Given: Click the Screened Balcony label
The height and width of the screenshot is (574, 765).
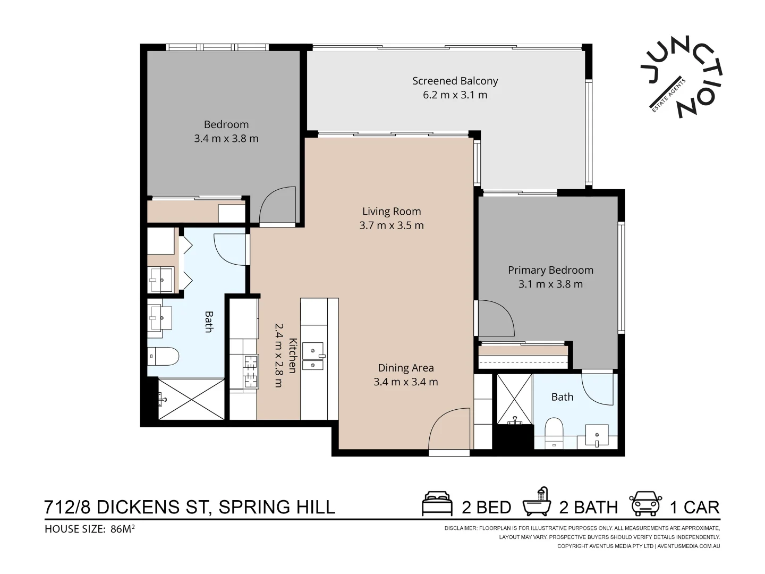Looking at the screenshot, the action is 455,81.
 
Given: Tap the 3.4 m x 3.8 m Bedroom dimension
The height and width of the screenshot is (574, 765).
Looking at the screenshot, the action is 226,138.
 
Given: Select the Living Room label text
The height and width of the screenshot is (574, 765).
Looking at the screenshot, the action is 392,211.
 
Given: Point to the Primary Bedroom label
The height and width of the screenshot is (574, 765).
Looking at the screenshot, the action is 550,270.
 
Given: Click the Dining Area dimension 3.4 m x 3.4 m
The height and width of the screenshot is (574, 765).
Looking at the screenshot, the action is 406,382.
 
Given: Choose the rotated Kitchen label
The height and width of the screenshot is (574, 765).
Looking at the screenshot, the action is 292,355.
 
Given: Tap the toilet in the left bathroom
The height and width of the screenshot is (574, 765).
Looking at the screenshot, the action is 163,356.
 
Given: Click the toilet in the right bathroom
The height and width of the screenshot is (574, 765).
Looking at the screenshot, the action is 554,433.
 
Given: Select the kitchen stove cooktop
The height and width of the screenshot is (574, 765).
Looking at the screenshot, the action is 251,371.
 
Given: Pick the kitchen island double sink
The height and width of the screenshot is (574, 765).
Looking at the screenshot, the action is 313,356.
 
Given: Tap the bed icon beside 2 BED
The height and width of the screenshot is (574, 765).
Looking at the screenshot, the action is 437,503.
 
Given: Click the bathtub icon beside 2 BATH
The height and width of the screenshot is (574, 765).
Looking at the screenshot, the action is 537,502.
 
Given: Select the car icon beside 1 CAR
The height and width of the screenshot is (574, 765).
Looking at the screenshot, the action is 645,503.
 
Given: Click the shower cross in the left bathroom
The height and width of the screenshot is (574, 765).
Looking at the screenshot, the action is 191,399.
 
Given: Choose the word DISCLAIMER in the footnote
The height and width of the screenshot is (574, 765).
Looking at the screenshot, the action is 461,528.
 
